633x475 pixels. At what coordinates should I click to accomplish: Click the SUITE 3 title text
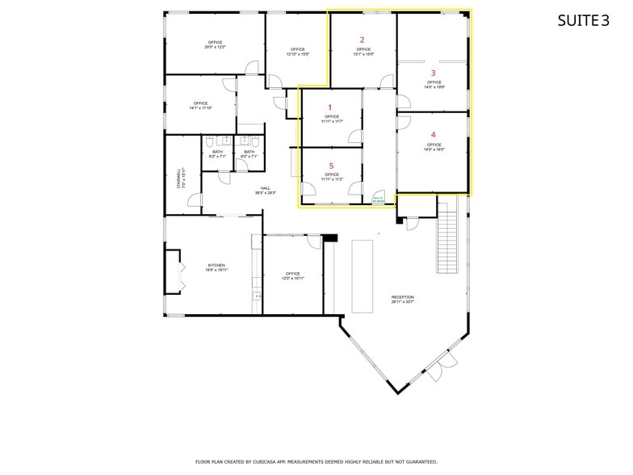click(x=583, y=21)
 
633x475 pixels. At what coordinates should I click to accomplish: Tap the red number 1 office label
click(x=329, y=107)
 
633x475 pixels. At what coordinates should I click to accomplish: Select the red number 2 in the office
click(x=362, y=40)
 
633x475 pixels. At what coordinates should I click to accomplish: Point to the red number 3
click(x=434, y=73)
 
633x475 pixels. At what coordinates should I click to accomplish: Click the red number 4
click(x=434, y=135)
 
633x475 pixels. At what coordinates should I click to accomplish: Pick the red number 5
click(x=330, y=166)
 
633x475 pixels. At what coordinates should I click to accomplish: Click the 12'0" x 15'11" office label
click(x=292, y=275)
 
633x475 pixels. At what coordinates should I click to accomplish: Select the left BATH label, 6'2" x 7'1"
click(x=217, y=153)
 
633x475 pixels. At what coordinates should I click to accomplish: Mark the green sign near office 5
click(x=377, y=198)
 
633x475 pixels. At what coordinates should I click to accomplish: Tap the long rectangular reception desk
click(x=362, y=275)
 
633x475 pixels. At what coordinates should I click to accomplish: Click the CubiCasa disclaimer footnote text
click(x=316, y=461)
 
